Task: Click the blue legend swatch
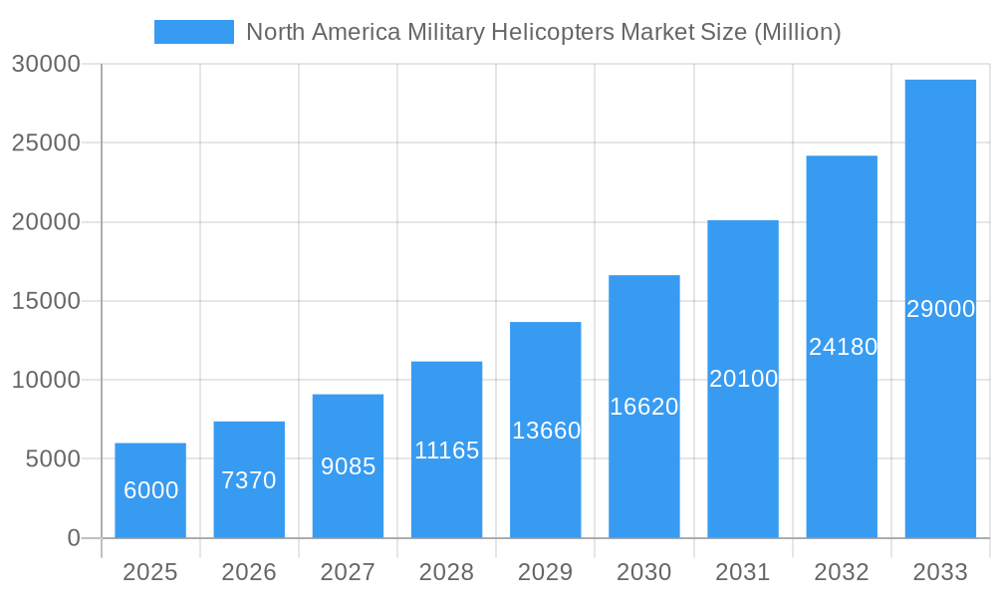tap(193, 32)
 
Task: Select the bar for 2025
tap(150, 490)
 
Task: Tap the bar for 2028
tap(446, 449)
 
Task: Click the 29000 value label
tap(940, 309)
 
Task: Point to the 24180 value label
tap(843, 347)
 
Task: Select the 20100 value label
tap(743, 379)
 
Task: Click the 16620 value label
tap(644, 407)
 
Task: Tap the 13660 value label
tap(546, 431)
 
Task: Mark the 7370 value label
tap(249, 480)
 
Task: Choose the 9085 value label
tap(348, 466)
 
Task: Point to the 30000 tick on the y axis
tap(45, 64)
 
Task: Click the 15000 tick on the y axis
tap(45, 301)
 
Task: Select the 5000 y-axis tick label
tap(51, 459)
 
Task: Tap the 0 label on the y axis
tap(74, 538)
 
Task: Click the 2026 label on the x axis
tap(249, 572)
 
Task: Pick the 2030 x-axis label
tap(644, 572)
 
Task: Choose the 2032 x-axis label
tap(842, 572)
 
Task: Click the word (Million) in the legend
tap(797, 32)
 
